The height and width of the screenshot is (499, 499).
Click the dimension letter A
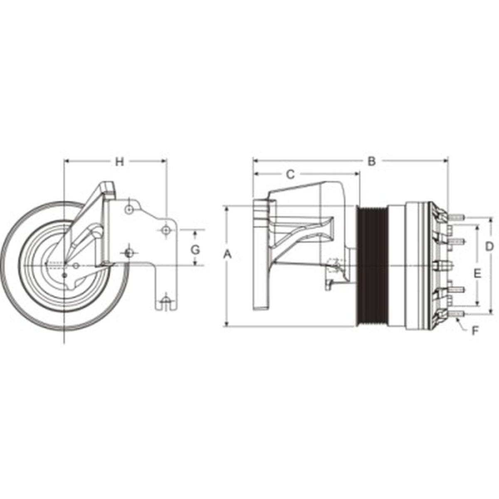coord(227,254)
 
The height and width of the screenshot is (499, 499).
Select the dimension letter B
coord(371,161)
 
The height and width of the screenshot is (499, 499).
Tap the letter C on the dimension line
coord(291,174)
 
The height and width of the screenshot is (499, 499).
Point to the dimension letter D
coord(489,246)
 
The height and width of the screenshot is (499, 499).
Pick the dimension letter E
coord(477,273)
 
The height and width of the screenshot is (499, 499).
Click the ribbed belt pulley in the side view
coord(373,266)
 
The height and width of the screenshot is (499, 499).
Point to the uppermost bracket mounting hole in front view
coord(129,210)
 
